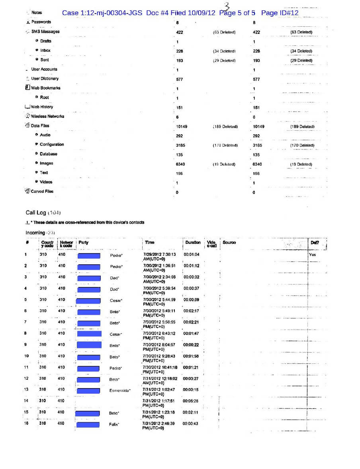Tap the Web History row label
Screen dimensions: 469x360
pos(42,107)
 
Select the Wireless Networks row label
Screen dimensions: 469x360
pos(47,116)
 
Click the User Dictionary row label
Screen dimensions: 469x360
pos(45,78)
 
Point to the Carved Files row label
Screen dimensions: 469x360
pos(42,191)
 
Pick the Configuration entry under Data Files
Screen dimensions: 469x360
pos(52,144)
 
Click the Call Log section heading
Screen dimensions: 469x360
pos(36,212)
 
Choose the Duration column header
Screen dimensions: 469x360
pos(193,242)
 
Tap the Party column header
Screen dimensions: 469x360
pos(84,242)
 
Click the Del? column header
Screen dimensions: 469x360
pos(315,242)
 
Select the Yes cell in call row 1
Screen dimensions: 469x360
pos(312,254)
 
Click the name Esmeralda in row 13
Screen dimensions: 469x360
pos(119,391)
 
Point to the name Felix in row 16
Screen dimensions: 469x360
pos(115,424)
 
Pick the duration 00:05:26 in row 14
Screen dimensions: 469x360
pos(190,401)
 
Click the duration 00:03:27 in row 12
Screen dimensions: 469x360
pos(191,379)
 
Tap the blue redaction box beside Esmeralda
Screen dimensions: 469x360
pos(88,391)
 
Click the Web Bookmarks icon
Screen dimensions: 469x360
pos(27,88)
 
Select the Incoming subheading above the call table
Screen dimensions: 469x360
pos(35,233)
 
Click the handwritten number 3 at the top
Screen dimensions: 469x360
pos(227,6)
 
